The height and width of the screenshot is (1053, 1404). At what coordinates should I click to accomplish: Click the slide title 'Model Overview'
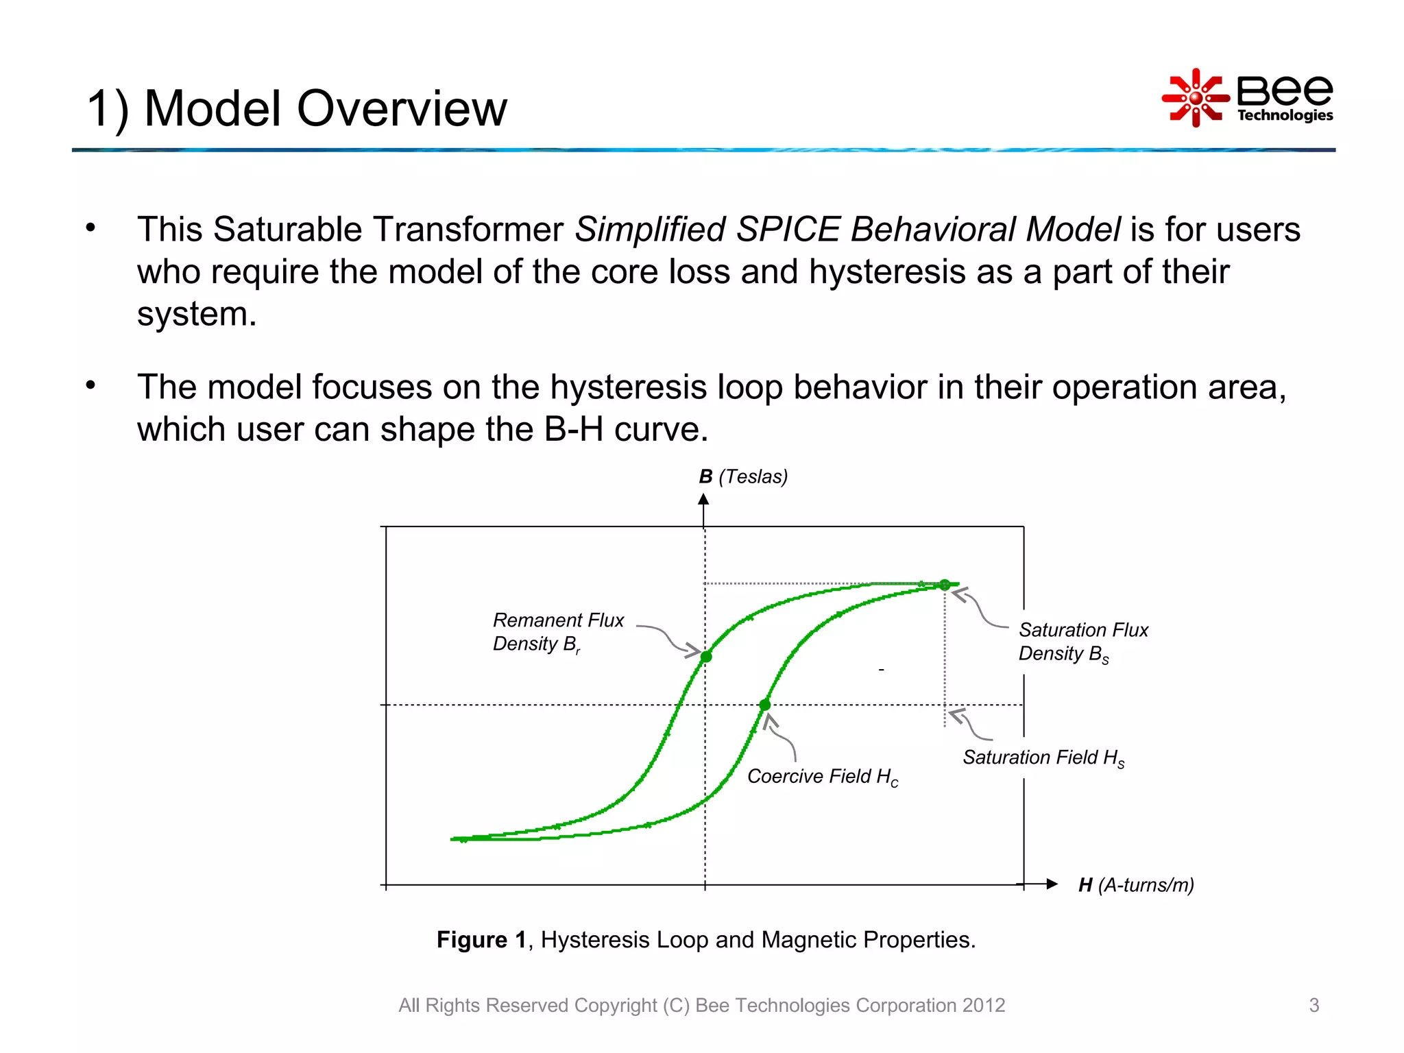point(325,109)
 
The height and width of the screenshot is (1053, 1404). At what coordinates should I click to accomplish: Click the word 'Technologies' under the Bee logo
point(1285,115)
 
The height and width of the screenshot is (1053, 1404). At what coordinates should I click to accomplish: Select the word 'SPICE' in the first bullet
point(788,229)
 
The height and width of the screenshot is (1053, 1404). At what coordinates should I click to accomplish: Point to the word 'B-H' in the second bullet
point(574,430)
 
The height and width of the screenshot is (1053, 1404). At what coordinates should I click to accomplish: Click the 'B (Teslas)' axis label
point(743,476)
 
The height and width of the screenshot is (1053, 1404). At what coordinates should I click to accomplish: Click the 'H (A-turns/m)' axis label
point(1136,885)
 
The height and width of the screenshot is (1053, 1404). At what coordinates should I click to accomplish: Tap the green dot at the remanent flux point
point(706,657)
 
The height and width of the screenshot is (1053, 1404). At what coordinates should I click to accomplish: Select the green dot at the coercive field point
point(765,705)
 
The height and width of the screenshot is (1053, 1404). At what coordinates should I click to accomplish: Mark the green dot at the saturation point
point(945,585)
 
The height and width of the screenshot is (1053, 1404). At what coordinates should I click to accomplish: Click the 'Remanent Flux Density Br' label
point(557,632)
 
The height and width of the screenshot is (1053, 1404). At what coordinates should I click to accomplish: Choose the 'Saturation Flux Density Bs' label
point(1082,642)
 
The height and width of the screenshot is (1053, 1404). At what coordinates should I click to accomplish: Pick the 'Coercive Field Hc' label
point(822,776)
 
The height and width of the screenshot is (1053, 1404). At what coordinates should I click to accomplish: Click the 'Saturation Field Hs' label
point(1043,758)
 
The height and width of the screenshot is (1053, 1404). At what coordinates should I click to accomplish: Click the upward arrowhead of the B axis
point(703,500)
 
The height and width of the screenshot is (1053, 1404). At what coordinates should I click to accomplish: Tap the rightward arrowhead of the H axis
point(1052,884)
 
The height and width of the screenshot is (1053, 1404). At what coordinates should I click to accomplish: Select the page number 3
point(1314,1005)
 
